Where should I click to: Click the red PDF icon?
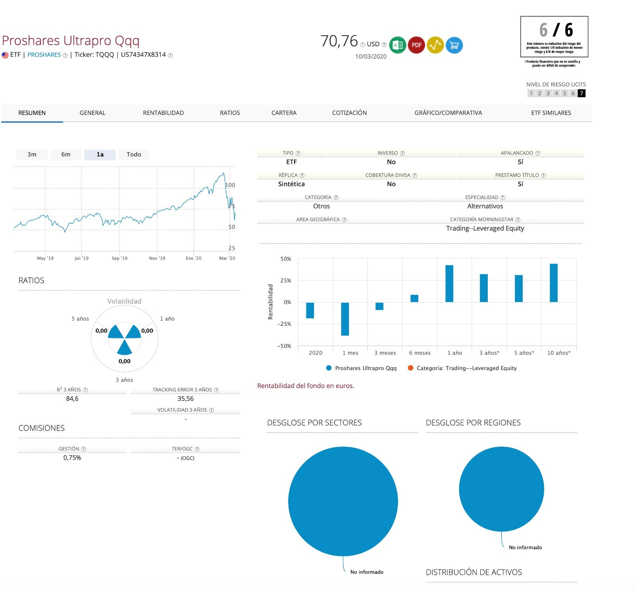pyautogui.click(x=416, y=45)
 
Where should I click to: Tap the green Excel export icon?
pyautogui.click(x=397, y=45)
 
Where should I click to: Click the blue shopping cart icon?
pyautogui.click(x=454, y=45)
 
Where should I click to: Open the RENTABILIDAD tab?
pyautogui.click(x=163, y=113)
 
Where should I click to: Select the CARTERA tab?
pyautogui.click(x=284, y=113)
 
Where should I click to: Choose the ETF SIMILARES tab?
pyautogui.click(x=551, y=113)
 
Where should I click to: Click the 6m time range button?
pyautogui.click(x=66, y=154)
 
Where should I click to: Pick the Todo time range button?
pyautogui.click(x=134, y=154)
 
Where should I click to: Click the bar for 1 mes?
pyautogui.click(x=345, y=319)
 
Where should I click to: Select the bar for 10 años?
pyautogui.click(x=554, y=283)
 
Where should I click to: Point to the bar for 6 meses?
pyautogui.click(x=414, y=298)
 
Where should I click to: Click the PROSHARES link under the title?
pyautogui.click(x=44, y=55)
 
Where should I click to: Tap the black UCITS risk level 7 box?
pyautogui.click(x=581, y=93)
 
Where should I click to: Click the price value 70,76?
pyautogui.click(x=339, y=41)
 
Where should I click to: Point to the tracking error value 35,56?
pyautogui.click(x=186, y=398)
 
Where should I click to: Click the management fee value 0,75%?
pyautogui.click(x=72, y=458)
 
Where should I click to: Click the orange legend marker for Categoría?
pyautogui.click(x=411, y=368)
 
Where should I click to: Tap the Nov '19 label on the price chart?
pyautogui.click(x=157, y=258)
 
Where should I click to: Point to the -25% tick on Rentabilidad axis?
pyautogui.click(x=284, y=324)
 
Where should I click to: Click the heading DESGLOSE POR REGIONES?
pyautogui.click(x=473, y=423)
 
